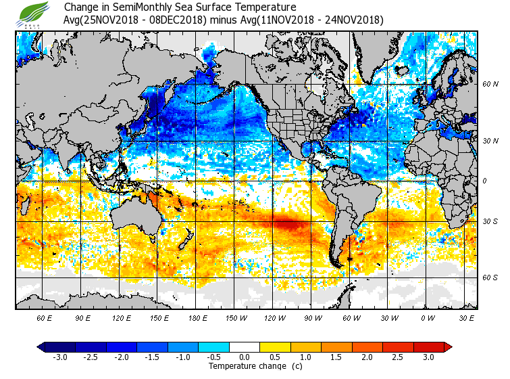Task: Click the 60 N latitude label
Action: coord(490,85)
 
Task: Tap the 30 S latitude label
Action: coord(490,221)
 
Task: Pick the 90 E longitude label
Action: coord(83,317)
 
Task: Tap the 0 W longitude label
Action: coord(428,317)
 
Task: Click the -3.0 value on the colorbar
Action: coord(61,357)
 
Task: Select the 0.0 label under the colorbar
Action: coord(245,357)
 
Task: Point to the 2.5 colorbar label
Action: coord(398,357)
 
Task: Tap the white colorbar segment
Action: coord(245,347)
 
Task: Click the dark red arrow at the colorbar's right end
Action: coord(448,347)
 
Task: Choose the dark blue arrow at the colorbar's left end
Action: coord(41,347)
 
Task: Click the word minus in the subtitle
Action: coord(223,20)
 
